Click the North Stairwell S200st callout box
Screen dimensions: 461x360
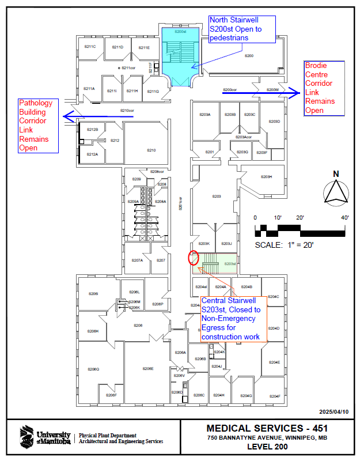tap(242, 29)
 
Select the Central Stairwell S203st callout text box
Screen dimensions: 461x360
tap(233, 319)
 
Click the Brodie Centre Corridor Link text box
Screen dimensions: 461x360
tap(324, 88)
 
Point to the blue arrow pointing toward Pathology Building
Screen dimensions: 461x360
tap(98, 116)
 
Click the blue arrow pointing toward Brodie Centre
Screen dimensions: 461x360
tap(260, 91)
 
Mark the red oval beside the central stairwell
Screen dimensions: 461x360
tap(194, 258)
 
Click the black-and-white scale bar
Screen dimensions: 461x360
tap(300, 229)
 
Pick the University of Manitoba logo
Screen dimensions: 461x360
tap(46, 437)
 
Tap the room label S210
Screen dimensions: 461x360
tap(151, 150)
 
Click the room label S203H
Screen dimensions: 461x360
tap(266, 176)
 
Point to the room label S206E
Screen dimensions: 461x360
tap(148, 369)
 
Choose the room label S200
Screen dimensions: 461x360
tap(249, 55)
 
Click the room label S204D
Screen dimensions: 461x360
tap(274, 328)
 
